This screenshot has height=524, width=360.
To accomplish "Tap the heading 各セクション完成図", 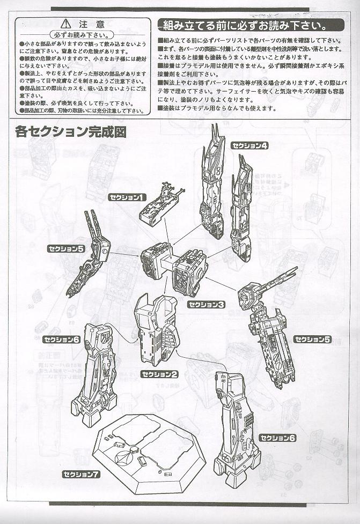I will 71,131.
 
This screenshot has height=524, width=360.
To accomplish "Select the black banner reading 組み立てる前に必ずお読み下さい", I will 250,25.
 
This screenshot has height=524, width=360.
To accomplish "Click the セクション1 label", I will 127,197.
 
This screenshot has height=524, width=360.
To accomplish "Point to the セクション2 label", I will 159,374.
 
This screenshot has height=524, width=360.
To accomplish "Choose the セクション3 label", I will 206,304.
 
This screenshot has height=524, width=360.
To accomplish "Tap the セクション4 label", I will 249,146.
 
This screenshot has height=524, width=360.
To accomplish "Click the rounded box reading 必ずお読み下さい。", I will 82,34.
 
